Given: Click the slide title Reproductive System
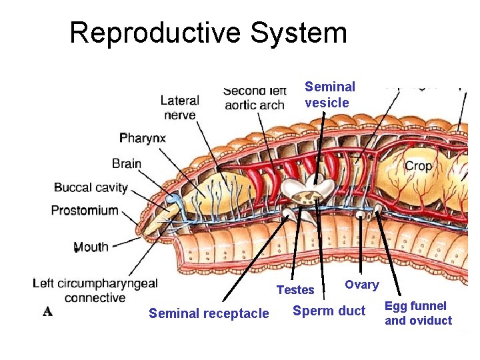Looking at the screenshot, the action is (208, 33).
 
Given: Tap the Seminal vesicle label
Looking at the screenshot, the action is (330, 95).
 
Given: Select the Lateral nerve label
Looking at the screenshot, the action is (179, 108).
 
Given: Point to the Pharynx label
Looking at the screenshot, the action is (143, 139).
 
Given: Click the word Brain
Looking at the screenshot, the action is (127, 163).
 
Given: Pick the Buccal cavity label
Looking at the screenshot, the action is (90, 187).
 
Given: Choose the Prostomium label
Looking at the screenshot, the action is (85, 211).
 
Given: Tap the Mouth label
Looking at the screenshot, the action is (91, 247).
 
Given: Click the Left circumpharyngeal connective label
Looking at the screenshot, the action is (95, 290).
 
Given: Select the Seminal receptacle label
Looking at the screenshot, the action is (209, 313).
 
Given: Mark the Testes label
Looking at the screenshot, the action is (295, 289).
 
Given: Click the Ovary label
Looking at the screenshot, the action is (361, 285).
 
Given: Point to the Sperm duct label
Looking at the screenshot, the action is (329, 311).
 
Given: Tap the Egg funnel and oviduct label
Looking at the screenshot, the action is (418, 313).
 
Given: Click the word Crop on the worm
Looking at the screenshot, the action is (418, 166).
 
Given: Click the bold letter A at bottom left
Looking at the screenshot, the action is (47, 311).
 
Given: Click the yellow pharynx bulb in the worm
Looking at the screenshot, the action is (219, 194).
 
